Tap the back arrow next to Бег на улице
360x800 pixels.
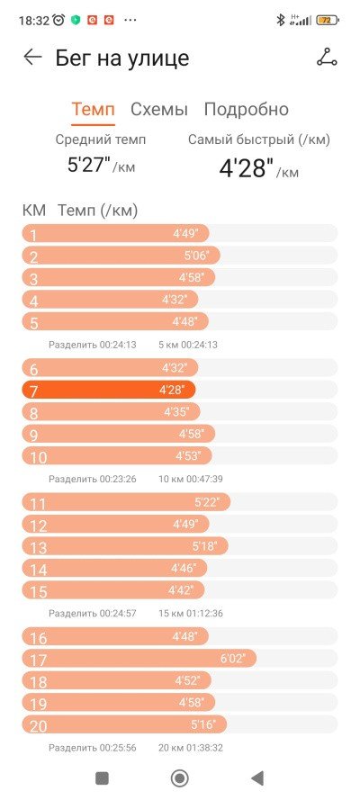(32, 58)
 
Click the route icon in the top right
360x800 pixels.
(327, 58)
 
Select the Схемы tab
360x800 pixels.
(159, 109)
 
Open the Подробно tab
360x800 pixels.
(247, 109)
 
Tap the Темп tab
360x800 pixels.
(93, 109)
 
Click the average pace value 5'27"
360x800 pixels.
(89, 165)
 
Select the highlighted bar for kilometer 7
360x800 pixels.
(109, 391)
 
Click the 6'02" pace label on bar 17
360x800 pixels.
(233, 659)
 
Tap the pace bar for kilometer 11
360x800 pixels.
(126, 502)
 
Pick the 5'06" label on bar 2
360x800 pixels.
(197, 255)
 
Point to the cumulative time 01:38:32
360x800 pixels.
(204, 748)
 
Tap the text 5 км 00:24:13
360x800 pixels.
(187, 345)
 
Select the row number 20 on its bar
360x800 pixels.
(38, 726)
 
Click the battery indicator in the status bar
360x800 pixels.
(328, 21)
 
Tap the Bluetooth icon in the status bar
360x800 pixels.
(280, 20)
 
